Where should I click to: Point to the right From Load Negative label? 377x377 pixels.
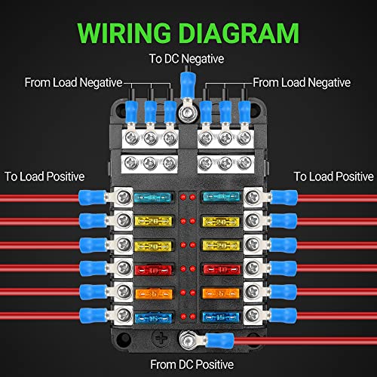[302, 82]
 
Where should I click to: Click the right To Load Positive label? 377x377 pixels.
[333, 176]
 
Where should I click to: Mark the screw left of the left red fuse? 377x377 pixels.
[120, 269]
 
